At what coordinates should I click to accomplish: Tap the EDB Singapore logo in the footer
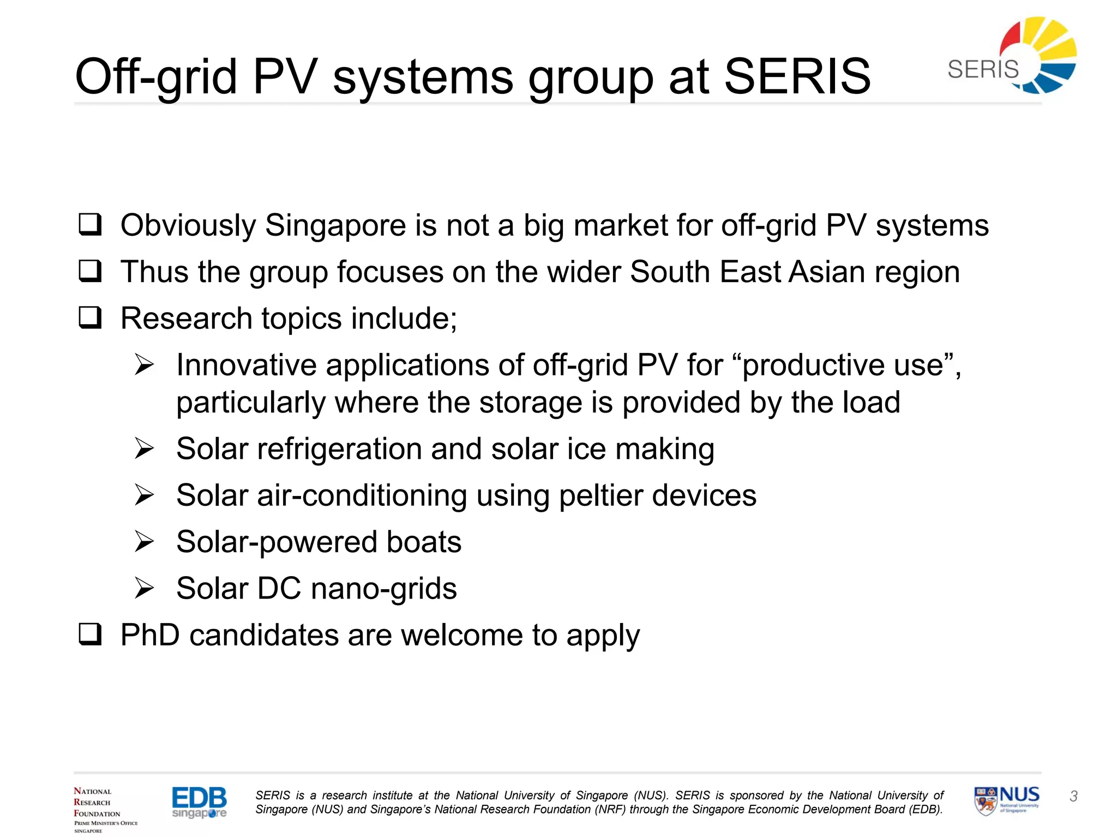pos(199,802)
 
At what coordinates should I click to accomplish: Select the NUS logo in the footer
pos(1007,800)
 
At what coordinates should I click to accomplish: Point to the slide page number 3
pos(1073,797)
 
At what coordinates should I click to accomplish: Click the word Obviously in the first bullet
pos(188,226)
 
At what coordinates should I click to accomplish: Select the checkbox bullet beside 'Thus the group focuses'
pos(90,271)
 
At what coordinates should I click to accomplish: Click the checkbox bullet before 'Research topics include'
pos(90,318)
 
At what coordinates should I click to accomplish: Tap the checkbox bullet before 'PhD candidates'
pos(90,635)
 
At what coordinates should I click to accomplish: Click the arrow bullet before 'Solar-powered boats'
pos(145,542)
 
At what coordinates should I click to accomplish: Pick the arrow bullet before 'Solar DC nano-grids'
pos(145,588)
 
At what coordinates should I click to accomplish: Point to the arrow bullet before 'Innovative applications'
pos(145,364)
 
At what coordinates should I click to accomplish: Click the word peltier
pos(600,496)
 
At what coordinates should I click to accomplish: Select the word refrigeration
pos(339,450)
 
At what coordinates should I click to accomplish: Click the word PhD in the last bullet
pos(150,635)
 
